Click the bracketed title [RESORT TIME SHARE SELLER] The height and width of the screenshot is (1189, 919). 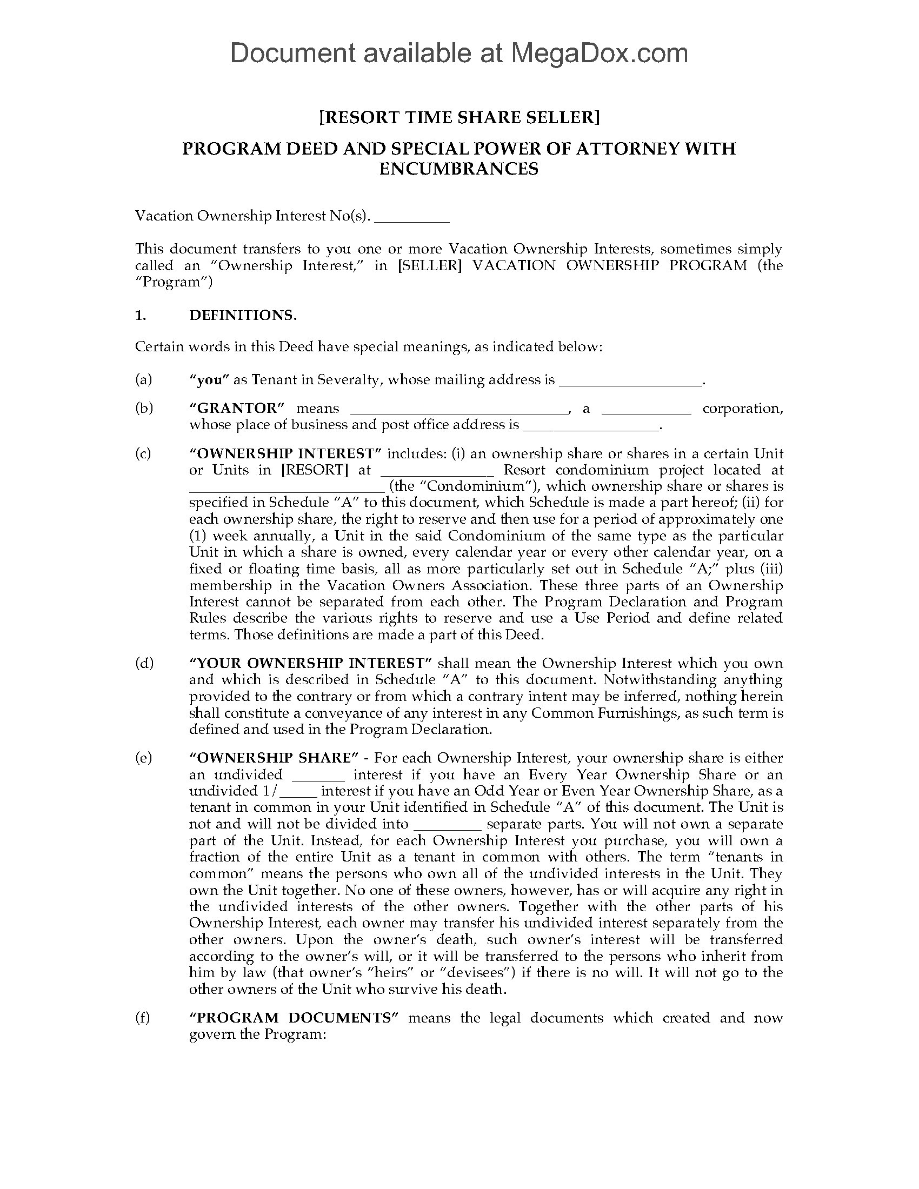[459, 118]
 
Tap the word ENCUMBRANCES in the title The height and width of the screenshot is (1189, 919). [459, 169]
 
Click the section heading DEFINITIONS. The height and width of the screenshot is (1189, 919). [243, 315]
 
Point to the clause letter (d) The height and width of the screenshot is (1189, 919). [144, 663]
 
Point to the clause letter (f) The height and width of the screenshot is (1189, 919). [143, 1018]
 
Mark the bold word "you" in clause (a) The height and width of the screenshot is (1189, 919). [209, 380]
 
